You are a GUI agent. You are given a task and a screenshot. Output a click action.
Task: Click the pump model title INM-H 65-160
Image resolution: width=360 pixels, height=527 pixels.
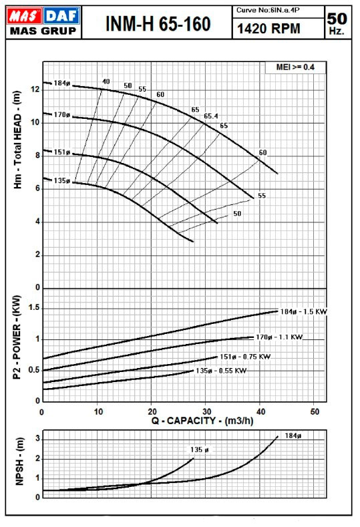[x=158, y=23]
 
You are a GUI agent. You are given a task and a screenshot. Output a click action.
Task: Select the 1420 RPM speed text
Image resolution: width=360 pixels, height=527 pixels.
[x=268, y=29]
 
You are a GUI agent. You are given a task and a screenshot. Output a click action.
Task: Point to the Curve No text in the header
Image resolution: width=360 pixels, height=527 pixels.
[x=268, y=10]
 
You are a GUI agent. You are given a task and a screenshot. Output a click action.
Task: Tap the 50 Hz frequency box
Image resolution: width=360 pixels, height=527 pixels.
[x=337, y=23]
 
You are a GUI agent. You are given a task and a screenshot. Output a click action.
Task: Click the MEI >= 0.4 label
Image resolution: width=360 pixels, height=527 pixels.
[x=295, y=67]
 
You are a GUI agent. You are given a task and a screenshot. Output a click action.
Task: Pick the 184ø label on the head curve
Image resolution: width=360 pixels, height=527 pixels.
[x=62, y=83]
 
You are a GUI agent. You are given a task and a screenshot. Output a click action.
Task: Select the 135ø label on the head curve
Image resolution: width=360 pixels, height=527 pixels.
[x=62, y=180]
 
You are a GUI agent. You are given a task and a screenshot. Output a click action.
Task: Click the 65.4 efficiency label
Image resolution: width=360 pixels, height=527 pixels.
[x=211, y=116]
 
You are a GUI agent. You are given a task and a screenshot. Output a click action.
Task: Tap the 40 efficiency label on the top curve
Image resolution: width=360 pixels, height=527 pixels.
[x=106, y=81]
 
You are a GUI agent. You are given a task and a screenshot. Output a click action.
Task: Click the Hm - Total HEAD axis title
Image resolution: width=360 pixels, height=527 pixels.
[x=17, y=140]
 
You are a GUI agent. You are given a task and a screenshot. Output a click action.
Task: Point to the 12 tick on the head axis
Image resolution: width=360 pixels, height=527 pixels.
[x=35, y=90]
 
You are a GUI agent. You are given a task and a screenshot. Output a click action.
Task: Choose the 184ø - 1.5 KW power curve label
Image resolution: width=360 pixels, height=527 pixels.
[x=303, y=311]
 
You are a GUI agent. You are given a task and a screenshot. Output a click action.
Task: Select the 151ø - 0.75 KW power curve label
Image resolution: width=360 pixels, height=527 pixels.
[x=245, y=357]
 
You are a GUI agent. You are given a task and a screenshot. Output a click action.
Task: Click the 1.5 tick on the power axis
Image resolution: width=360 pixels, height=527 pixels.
[x=33, y=308]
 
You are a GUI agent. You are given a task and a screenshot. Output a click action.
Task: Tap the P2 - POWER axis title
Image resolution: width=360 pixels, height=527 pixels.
[x=17, y=337]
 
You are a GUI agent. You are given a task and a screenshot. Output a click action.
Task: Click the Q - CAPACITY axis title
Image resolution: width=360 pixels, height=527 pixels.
[x=202, y=420]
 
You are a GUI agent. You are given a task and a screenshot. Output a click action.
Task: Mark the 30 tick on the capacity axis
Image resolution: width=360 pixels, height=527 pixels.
[x=207, y=411]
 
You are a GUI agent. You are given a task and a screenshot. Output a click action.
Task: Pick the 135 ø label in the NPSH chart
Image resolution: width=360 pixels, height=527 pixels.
[x=199, y=450]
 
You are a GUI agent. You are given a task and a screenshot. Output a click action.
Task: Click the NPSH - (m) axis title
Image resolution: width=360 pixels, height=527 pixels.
[x=19, y=462]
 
